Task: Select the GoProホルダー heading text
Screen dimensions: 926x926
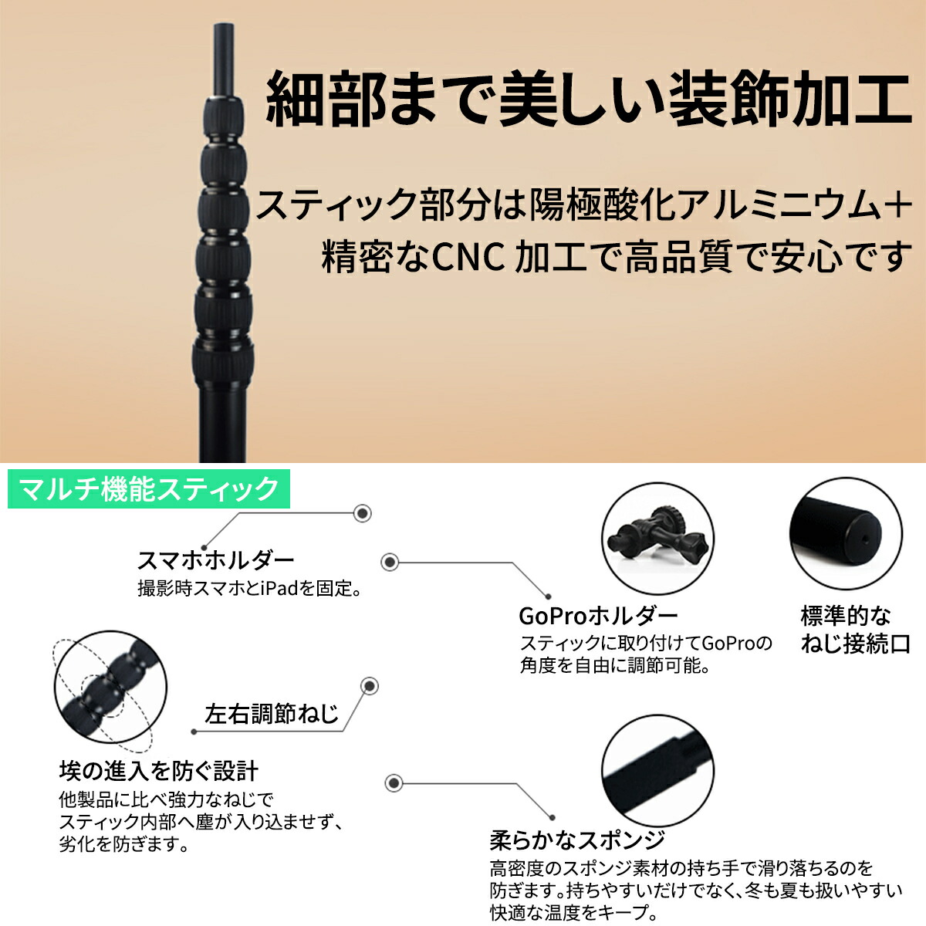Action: pos(598,616)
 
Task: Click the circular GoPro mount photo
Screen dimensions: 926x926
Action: pos(655,537)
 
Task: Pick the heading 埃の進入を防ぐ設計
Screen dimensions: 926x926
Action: pos(159,770)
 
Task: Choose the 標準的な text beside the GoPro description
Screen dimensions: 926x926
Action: pos(845,616)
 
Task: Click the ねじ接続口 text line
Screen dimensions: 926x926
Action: pos(856,644)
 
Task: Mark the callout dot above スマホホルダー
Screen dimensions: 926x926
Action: pos(362,513)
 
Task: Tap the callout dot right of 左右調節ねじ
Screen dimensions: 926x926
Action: pos(370,686)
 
